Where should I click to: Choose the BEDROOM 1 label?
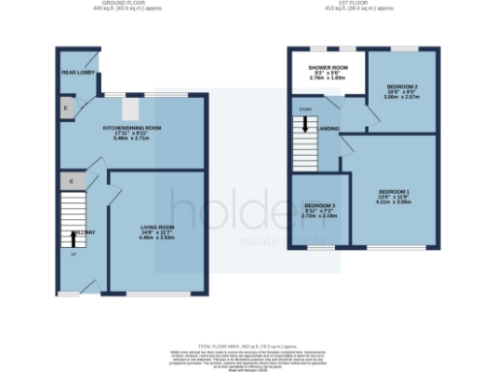[x=393, y=192]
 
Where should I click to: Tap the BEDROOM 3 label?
[x=319, y=206]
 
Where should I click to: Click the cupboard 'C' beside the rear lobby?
[x=65, y=108]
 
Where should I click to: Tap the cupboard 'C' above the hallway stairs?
[x=72, y=181]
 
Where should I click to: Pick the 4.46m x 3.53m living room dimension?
[x=156, y=236]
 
